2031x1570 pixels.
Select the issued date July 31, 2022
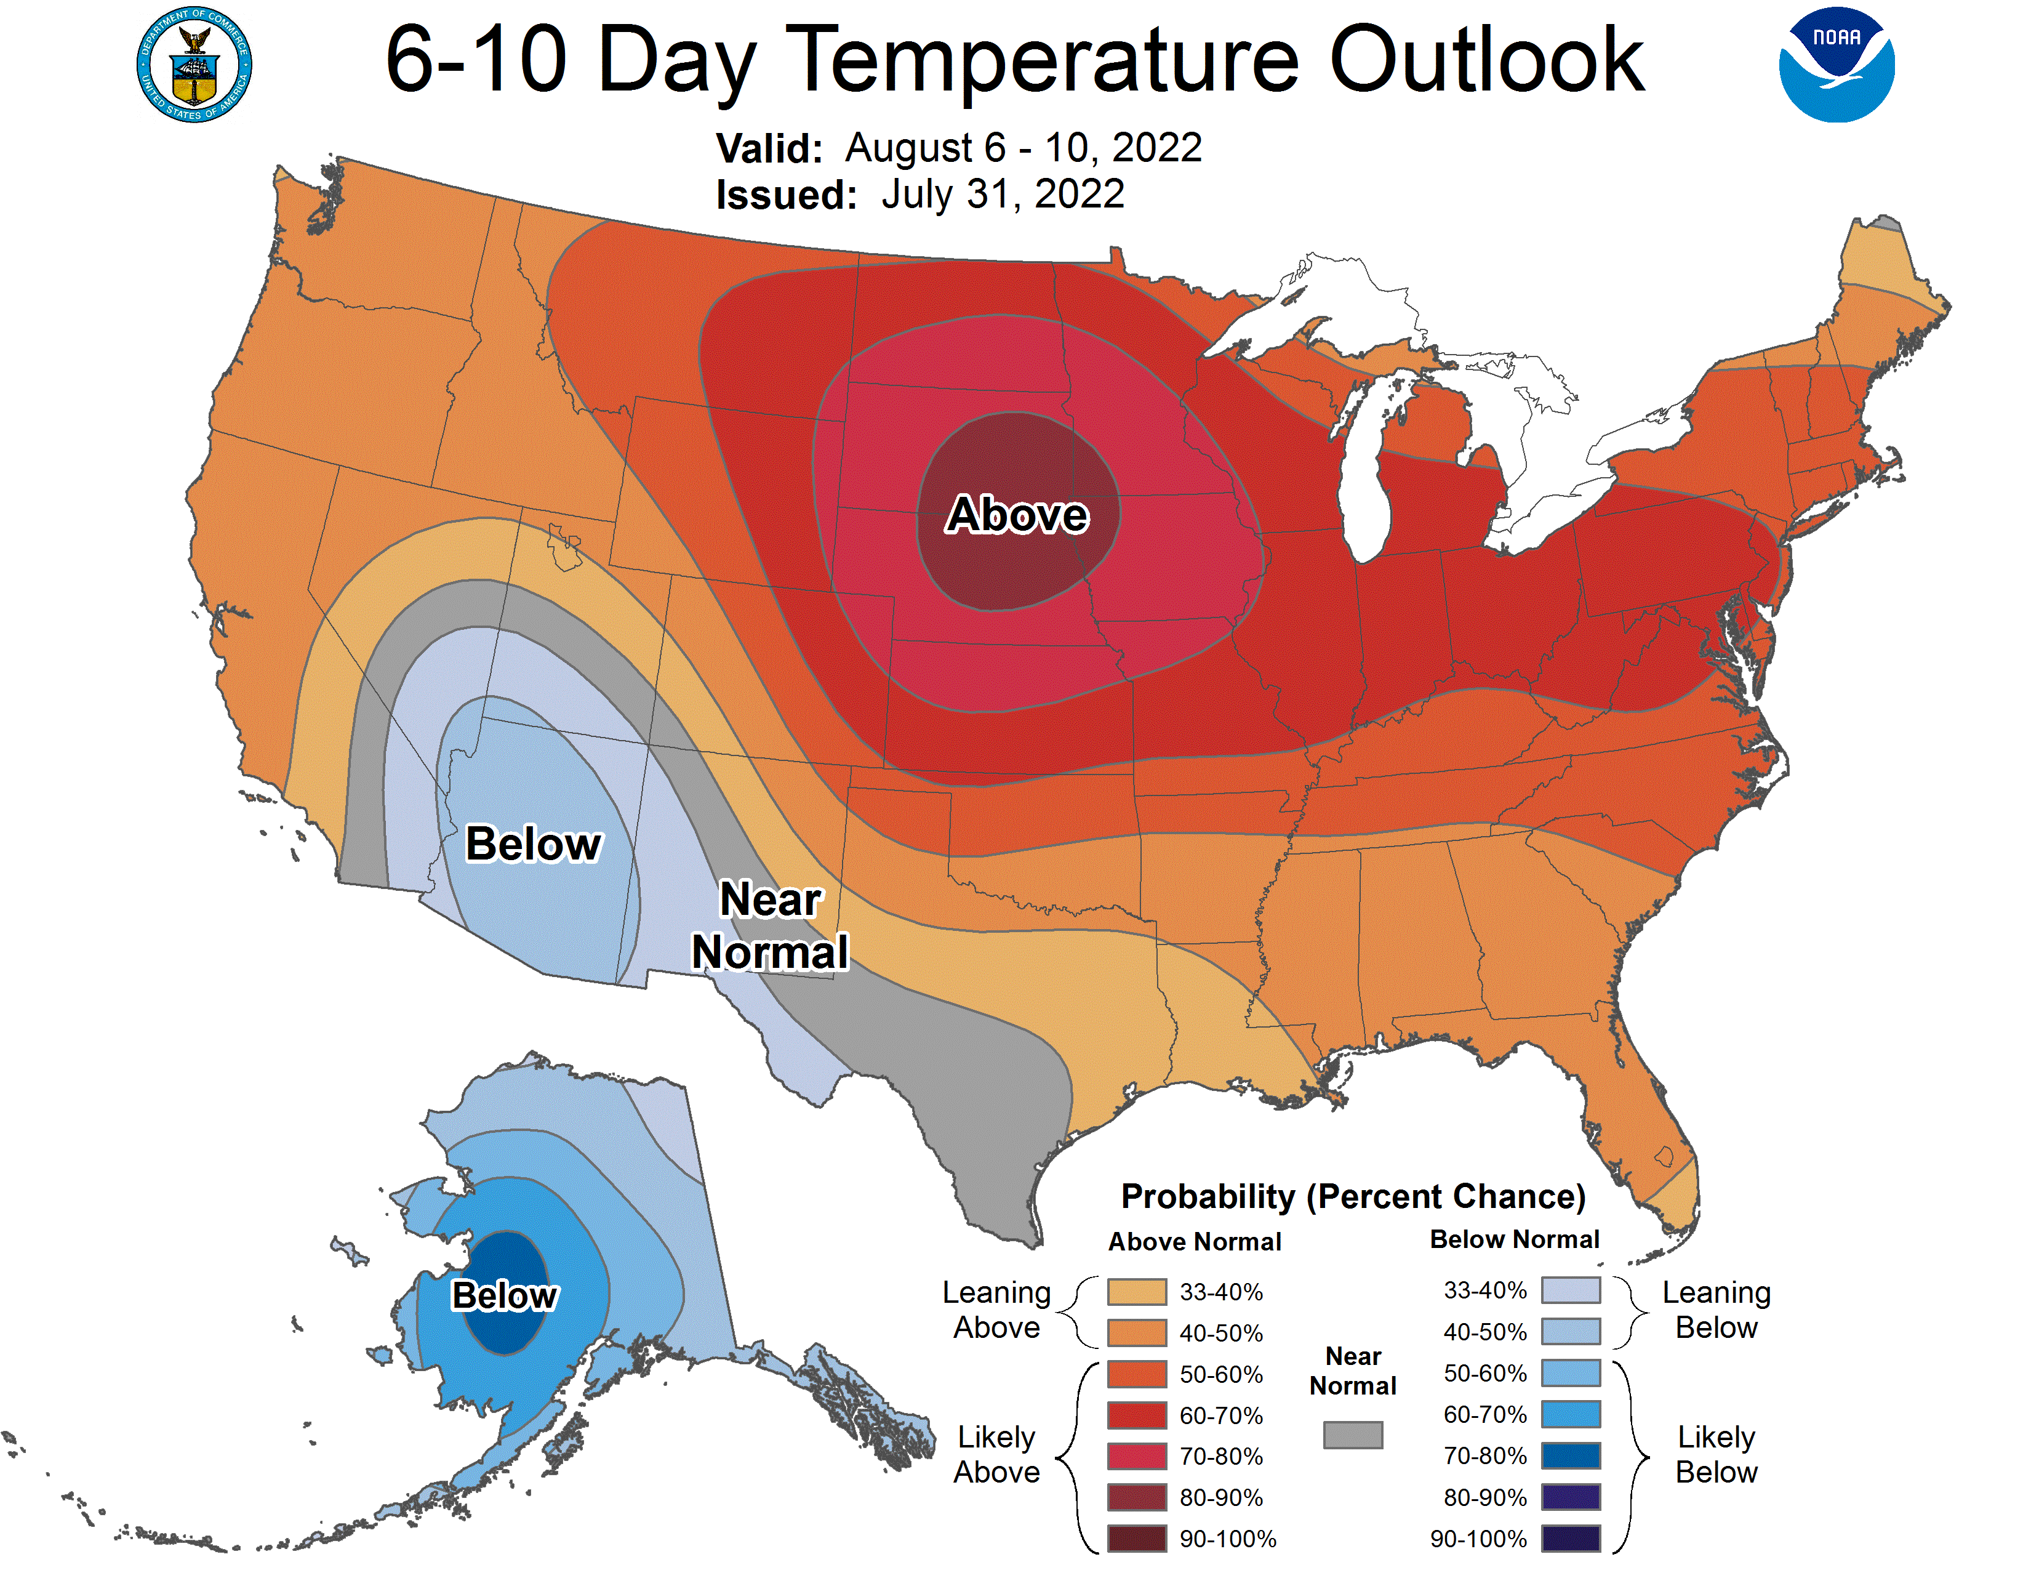point(1003,195)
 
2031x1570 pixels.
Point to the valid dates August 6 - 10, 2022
point(1023,148)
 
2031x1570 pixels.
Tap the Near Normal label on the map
point(770,925)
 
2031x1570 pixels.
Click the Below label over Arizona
point(534,843)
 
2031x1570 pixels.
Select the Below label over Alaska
point(504,1295)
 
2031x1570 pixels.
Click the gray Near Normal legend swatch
point(1352,1434)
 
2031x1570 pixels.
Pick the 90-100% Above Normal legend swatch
point(1136,1539)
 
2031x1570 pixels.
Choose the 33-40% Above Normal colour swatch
point(1136,1292)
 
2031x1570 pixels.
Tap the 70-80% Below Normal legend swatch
point(1571,1455)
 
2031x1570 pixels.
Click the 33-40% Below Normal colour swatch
point(1571,1290)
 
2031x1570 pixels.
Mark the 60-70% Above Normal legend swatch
point(1136,1415)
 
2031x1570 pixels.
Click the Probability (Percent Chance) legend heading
point(1353,1196)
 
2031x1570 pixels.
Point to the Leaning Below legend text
point(1716,1310)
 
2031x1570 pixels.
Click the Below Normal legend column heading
point(1514,1239)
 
